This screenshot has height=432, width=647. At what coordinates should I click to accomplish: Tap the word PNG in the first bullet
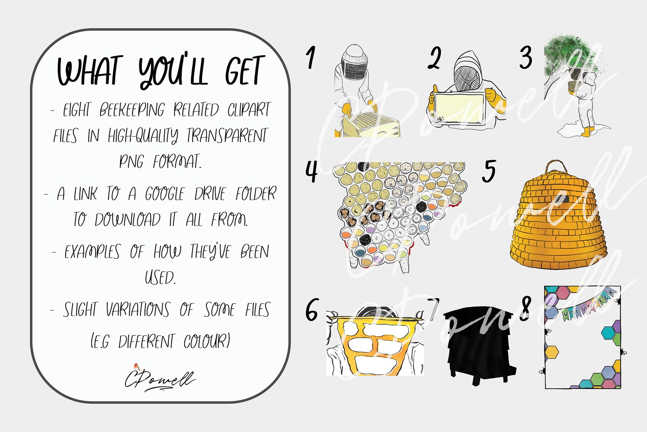tap(131, 162)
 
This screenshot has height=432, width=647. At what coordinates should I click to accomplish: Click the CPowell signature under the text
tap(160, 379)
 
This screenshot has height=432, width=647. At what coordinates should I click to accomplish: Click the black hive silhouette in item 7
tap(479, 343)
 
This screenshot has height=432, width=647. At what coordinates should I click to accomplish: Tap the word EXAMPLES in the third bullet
tap(92, 252)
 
